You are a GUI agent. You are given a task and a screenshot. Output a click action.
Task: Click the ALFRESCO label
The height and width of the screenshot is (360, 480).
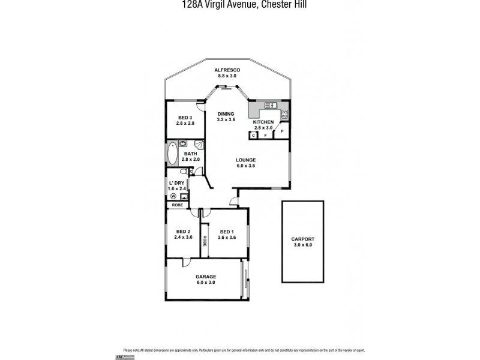(x=227, y=70)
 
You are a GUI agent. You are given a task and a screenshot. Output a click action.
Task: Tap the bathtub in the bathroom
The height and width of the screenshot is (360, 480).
(x=172, y=154)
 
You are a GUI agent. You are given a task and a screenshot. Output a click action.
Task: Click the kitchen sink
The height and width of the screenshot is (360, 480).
(x=272, y=105)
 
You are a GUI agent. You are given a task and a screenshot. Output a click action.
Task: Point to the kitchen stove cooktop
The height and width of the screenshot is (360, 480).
(x=284, y=113)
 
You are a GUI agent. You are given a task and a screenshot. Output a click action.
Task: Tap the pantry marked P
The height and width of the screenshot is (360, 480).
(x=282, y=131)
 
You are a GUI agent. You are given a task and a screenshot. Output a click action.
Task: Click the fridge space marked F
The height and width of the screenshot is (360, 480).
(x=265, y=136)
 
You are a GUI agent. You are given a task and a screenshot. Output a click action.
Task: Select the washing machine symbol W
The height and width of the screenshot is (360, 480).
(x=173, y=196)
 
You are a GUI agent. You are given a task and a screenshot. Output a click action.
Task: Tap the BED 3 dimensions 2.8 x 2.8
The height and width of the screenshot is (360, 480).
(x=185, y=123)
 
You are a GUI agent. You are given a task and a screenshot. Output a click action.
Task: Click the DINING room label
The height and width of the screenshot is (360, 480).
(x=226, y=113)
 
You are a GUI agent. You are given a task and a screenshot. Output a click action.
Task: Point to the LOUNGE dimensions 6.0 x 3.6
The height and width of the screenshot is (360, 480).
(x=245, y=166)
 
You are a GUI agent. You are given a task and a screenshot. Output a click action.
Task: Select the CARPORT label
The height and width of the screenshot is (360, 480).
(x=303, y=239)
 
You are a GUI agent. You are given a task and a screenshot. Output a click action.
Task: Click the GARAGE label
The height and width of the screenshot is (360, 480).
(x=205, y=277)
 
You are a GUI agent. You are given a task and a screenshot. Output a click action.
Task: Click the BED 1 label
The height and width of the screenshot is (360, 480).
(x=227, y=232)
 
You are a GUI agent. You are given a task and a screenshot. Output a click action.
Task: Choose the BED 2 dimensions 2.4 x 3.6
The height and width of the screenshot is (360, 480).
(x=184, y=238)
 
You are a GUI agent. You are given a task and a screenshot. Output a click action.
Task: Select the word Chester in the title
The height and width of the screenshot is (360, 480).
(x=269, y=4)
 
